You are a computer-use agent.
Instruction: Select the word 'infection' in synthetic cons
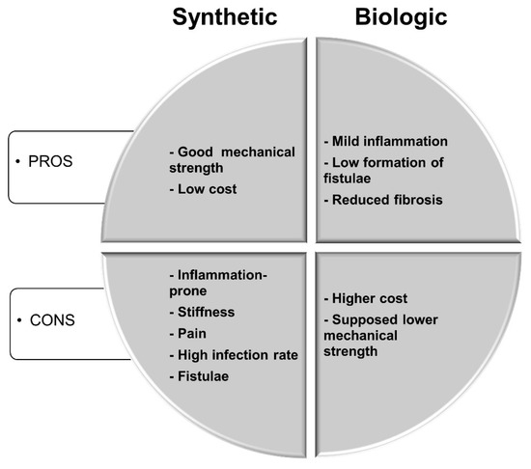(240, 354)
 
